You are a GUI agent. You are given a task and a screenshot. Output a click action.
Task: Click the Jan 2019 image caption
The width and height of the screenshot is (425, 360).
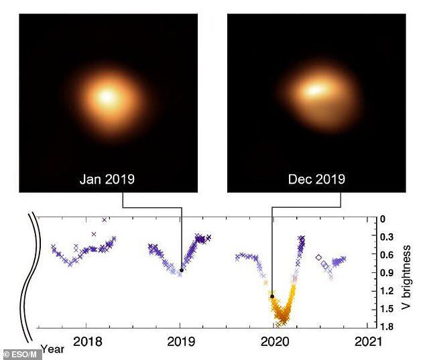click(x=107, y=179)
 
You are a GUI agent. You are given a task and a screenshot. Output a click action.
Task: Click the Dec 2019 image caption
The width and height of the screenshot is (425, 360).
click(x=316, y=179)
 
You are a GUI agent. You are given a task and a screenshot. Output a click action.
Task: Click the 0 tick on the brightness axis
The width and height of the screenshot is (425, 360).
click(x=383, y=219)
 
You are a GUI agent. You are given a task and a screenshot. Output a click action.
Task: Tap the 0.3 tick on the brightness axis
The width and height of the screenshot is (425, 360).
click(x=384, y=237)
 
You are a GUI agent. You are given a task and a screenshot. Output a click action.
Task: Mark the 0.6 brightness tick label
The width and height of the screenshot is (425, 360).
click(x=384, y=255)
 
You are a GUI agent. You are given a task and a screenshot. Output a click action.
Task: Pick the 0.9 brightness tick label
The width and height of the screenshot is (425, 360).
click(x=384, y=273)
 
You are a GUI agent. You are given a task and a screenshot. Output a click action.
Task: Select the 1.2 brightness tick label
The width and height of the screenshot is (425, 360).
click(x=384, y=291)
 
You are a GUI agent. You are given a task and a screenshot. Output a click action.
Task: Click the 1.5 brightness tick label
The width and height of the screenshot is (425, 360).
click(x=384, y=309)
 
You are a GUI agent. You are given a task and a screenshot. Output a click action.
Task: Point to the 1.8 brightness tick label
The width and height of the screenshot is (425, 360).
click(x=384, y=326)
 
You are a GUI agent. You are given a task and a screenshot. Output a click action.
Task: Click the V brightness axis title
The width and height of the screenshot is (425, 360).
click(x=406, y=272)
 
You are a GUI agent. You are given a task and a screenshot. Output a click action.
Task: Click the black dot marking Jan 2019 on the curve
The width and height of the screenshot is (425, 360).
click(x=182, y=270)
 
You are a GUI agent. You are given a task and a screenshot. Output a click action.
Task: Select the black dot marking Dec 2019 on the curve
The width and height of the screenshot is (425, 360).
click(x=271, y=296)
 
